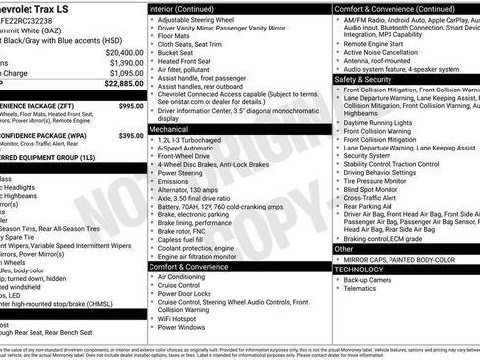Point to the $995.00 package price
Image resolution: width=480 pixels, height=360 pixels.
click(131, 105)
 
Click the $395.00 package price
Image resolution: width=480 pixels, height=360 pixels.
click(131, 135)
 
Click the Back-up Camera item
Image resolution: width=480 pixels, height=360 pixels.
click(372, 280)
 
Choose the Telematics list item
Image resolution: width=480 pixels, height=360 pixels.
click(363, 290)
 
